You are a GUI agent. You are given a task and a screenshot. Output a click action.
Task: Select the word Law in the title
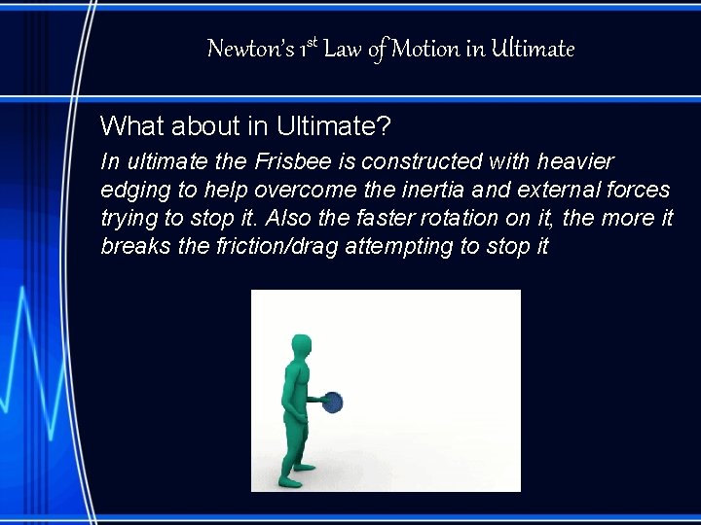tap(342, 49)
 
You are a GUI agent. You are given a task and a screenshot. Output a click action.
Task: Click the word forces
tap(636, 190)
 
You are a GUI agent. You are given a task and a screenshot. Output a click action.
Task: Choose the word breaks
tap(132, 246)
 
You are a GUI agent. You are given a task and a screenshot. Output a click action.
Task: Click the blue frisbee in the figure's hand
tap(333, 402)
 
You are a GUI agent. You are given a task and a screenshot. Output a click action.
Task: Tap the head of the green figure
tap(301, 345)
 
